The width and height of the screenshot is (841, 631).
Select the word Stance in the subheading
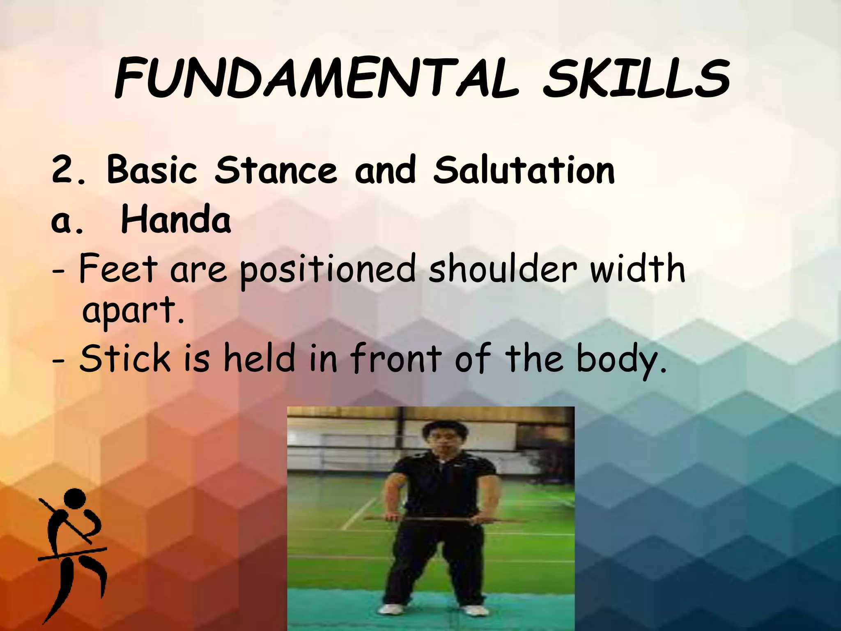point(276,170)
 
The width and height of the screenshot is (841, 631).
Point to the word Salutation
point(524,170)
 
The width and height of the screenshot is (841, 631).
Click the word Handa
point(176,220)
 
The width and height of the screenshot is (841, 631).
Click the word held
point(259,358)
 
